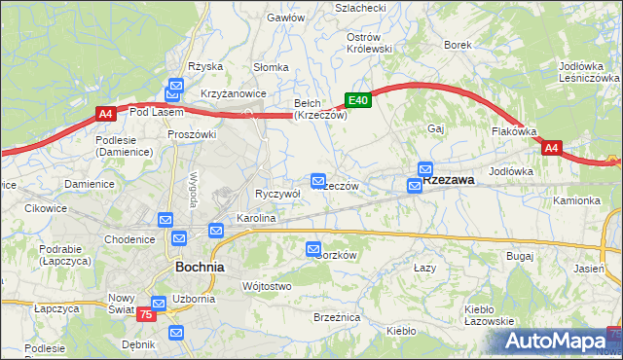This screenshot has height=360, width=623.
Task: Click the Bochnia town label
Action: tap(199, 267)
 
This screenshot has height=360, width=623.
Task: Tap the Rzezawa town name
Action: tap(448, 180)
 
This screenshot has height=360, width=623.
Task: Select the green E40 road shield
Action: tap(358, 100)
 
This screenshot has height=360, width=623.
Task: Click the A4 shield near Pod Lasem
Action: tap(107, 114)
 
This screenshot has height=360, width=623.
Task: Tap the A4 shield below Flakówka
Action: tap(552, 148)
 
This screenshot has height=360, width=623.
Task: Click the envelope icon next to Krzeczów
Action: tap(318, 181)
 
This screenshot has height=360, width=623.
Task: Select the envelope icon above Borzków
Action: tap(313, 249)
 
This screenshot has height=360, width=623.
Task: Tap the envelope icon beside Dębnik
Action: tap(176, 333)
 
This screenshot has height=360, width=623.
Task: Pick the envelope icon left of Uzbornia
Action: tap(159, 304)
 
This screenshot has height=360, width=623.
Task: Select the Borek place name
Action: tap(458, 45)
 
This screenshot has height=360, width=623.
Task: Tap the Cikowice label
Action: tap(45, 208)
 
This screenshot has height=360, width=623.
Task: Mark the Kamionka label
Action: tap(577, 200)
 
